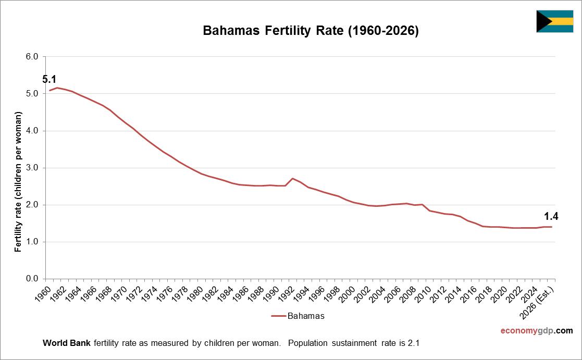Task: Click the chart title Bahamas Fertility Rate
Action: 311,31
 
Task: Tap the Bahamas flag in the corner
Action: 554,21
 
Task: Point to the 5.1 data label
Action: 49,80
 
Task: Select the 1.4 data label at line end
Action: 551,217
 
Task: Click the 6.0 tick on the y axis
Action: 32,57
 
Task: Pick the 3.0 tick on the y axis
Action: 32,168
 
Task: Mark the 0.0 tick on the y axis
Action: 32,279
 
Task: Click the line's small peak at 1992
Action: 293,178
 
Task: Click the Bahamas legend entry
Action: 298,316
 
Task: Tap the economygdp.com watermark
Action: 536,331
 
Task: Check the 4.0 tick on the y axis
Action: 32,131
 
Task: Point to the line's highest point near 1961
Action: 57,88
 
